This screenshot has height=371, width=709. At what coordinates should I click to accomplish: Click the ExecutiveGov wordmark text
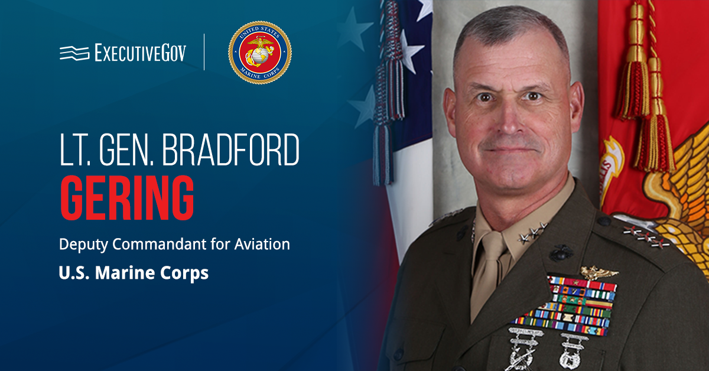140,53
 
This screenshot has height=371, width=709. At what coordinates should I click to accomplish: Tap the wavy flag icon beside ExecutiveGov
74,53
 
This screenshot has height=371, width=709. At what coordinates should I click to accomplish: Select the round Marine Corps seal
259,53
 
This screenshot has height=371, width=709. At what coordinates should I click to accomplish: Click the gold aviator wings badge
599,272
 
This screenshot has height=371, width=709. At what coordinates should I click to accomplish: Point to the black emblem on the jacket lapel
561,253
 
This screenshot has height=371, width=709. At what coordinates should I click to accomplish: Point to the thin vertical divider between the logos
204,53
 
